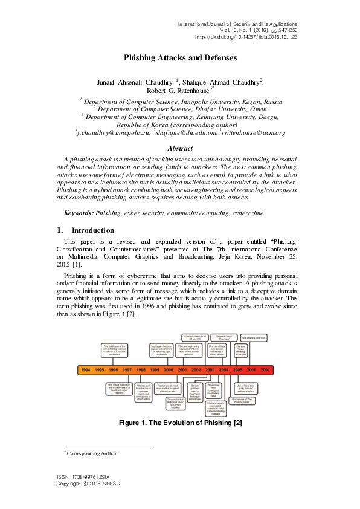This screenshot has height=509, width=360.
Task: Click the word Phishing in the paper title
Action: pyautogui.click(x=141, y=58)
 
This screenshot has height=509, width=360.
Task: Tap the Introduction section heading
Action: pyautogui.click(x=92, y=230)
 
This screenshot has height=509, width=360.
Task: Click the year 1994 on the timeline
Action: pyautogui.click(x=86, y=370)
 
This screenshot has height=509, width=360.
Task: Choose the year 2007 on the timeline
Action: pyautogui.click(x=265, y=370)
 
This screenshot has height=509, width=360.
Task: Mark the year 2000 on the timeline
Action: pyautogui.click(x=169, y=370)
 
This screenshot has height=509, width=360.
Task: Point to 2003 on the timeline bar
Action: pyautogui.click(x=210, y=370)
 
